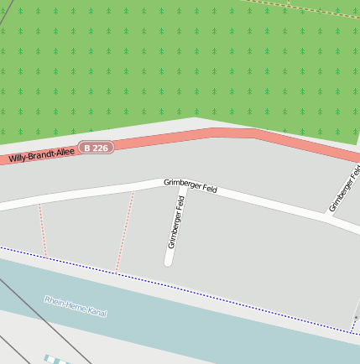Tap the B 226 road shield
pos(97,148)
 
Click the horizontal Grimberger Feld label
pos(190,185)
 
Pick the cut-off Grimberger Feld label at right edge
pos(345,190)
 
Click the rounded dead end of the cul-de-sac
pos(169,261)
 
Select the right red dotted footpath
pos(125,231)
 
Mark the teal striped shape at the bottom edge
pos(55,360)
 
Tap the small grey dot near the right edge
pos(355,317)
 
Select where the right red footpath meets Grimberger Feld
pos(133,191)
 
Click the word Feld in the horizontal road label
pos(209,190)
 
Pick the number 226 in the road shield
pos(100,148)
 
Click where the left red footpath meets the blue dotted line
pos(46,256)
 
